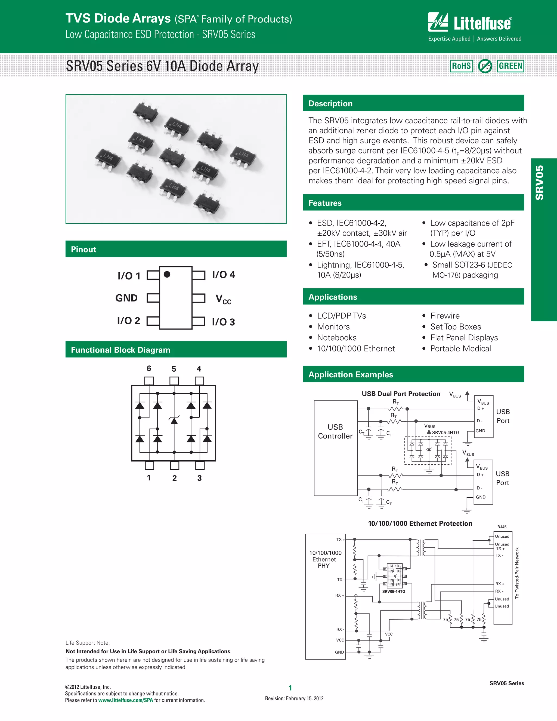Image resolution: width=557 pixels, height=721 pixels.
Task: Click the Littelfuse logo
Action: point(470,23)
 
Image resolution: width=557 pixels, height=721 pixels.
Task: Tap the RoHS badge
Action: point(461,66)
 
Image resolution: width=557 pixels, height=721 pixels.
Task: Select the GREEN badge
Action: point(510,66)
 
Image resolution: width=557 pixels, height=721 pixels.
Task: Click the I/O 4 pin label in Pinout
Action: point(223,275)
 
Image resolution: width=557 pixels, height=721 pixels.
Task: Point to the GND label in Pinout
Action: point(126,298)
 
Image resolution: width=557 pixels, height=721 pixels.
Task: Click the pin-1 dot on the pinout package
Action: point(167,274)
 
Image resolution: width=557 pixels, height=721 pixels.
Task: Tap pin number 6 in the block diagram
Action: point(149,368)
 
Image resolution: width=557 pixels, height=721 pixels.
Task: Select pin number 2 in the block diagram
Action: point(174,478)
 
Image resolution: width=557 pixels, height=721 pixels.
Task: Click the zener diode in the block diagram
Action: point(174,420)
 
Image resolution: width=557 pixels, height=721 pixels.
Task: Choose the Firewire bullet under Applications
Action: point(445,316)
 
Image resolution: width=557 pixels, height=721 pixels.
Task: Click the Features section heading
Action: point(325,203)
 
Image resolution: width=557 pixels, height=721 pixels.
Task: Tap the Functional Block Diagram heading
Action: point(120,350)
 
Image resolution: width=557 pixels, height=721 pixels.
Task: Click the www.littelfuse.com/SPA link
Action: point(125,700)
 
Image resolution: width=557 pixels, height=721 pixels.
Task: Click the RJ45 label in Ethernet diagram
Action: point(502,527)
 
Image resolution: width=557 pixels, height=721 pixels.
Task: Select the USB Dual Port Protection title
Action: point(401,394)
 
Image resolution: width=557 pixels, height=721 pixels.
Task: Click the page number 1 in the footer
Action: point(290,688)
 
